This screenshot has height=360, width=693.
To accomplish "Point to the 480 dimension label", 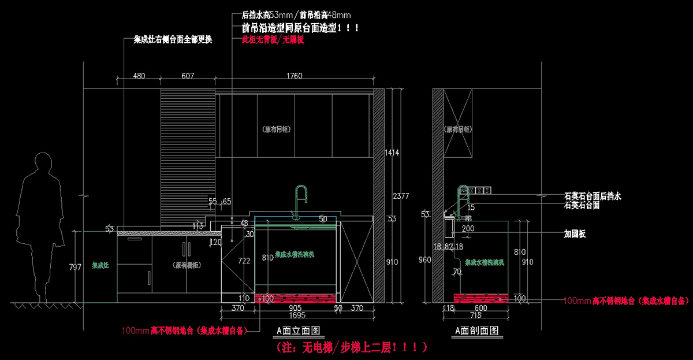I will pos(139,76).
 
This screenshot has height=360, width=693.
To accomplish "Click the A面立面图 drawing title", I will pos(297,331).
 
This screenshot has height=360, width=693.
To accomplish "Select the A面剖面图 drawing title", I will pos(476,331).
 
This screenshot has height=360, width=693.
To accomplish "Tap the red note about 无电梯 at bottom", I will pos(352,347).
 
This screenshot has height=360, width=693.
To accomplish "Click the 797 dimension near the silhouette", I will pos(75,267).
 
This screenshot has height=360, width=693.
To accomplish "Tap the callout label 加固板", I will pos(575,234).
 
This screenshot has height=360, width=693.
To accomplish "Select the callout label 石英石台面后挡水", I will pos(593,196).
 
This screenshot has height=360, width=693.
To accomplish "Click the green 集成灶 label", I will pos(100,266).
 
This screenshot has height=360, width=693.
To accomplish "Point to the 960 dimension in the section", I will pos(425,260).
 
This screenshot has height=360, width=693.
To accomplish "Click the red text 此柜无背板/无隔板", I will pos(273,40).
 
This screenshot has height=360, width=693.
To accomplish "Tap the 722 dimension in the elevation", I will pos(244,261).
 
